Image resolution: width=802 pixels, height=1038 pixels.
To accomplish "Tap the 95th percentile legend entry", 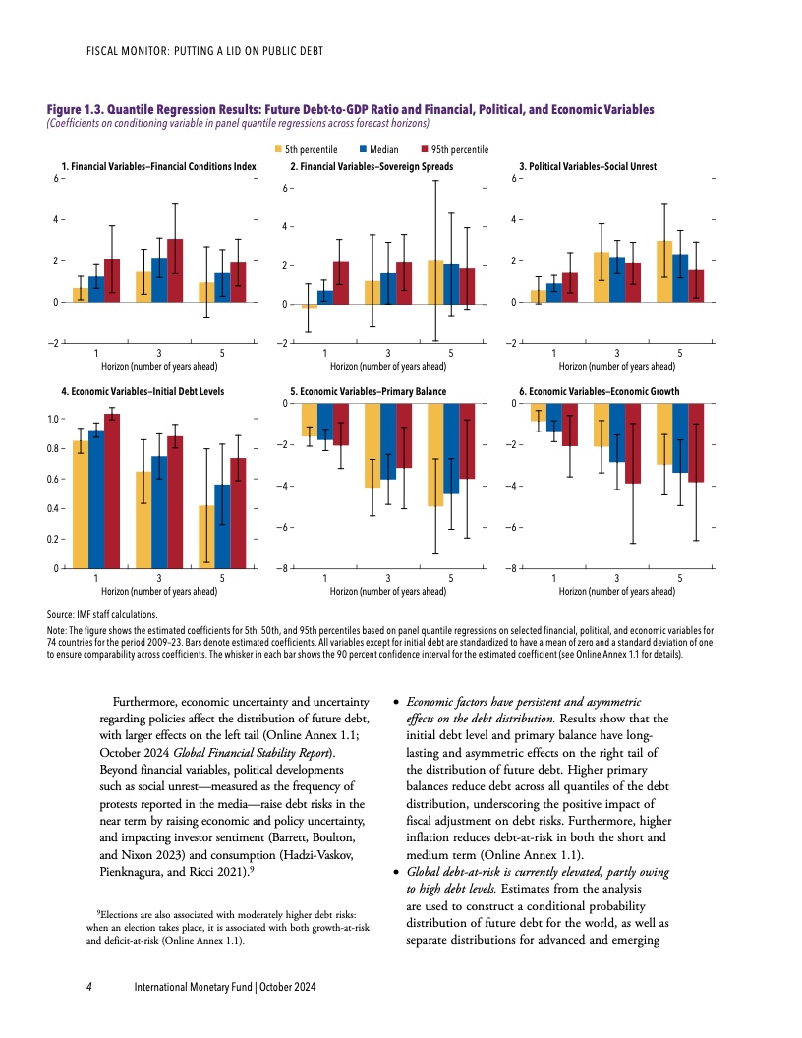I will point(454,149).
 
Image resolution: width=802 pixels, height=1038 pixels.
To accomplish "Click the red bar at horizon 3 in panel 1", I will point(174,270).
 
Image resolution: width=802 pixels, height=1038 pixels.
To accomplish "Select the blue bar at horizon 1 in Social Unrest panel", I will point(554,292).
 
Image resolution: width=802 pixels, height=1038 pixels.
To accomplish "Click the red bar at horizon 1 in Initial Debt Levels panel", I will point(111,491).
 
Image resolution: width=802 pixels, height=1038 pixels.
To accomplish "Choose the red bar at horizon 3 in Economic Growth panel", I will point(632,443).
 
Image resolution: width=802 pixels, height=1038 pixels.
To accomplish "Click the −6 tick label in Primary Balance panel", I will point(284,528).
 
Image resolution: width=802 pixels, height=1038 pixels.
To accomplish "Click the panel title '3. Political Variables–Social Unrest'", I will point(587,167).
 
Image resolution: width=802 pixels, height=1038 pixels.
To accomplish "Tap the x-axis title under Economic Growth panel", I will point(617,592).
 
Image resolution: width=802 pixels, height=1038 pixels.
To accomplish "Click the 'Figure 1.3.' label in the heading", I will point(76,109).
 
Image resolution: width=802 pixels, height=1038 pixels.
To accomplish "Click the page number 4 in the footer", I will point(89,986).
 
